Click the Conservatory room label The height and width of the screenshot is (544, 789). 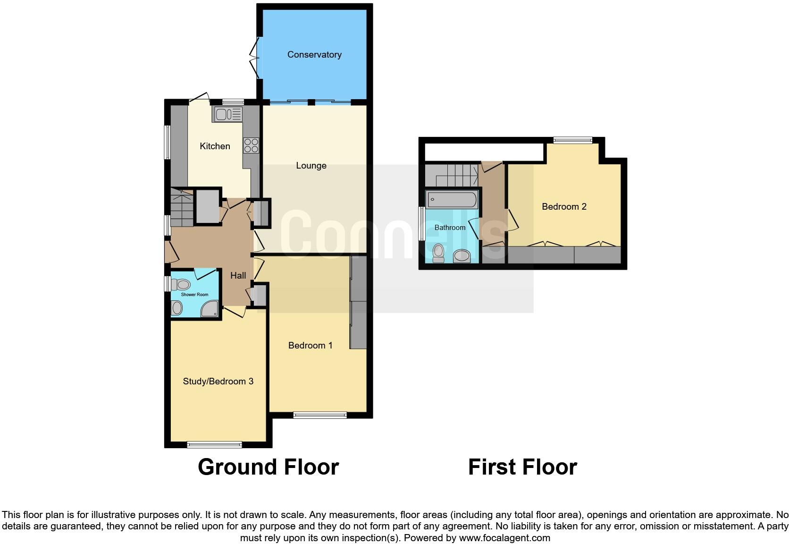pyautogui.click(x=314, y=55)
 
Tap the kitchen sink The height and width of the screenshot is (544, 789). pyautogui.click(x=228, y=114)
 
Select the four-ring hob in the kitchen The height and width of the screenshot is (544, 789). pyautogui.click(x=251, y=145)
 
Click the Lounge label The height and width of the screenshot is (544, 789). pyautogui.click(x=311, y=166)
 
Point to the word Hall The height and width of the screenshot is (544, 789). pyautogui.click(x=238, y=276)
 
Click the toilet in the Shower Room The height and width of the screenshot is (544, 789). pyautogui.click(x=181, y=284)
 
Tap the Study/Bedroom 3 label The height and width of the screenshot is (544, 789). pyautogui.click(x=218, y=382)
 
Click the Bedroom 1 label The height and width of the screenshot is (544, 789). pyautogui.click(x=310, y=346)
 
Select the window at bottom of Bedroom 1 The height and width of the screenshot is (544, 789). pyautogui.click(x=320, y=415)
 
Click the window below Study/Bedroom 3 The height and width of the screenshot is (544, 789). pyautogui.click(x=214, y=444)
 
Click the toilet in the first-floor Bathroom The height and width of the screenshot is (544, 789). pyautogui.click(x=439, y=252)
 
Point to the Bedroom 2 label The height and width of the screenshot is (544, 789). pyautogui.click(x=564, y=207)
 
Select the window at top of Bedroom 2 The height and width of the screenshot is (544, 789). pyautogui.click(x=572, y=140)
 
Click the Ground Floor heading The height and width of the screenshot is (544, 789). pyautogui.click(x=268, y=467)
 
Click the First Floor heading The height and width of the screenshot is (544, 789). pyautogui.click(x=522, y=467)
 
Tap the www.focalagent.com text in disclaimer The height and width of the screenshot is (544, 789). pyautogui.click(x=504, y=538)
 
